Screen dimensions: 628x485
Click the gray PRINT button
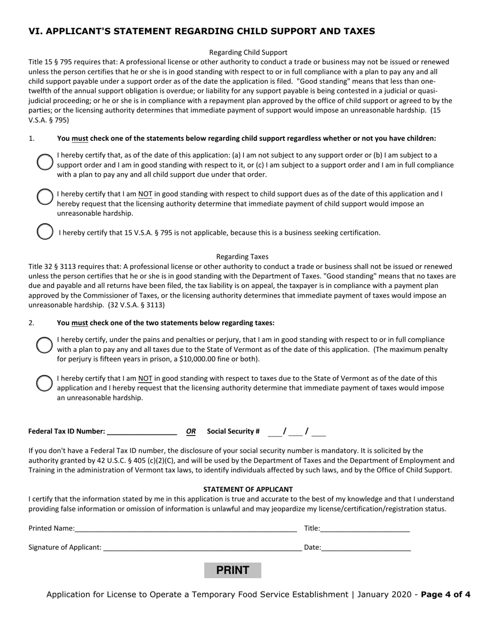point(232,570)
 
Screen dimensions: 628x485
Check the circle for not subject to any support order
point(44,162)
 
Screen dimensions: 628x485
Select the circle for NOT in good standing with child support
point(44,197)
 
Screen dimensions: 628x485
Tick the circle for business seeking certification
point(44,231)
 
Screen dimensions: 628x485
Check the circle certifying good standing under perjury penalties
point(44,345)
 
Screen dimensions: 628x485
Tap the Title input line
point(365,528)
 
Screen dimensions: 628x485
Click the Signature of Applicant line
point(202,547)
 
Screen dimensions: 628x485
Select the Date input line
point(366,547)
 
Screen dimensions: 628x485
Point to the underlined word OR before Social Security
point(191,431)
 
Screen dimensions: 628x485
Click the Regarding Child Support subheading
point(248,52)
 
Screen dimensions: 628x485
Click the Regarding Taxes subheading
point(242,256)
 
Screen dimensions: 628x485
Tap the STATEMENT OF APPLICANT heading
point(248,489)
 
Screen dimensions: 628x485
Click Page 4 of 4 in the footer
point(445,594)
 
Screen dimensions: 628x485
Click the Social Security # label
point(233,431)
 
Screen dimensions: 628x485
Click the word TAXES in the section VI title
point(356,31)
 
